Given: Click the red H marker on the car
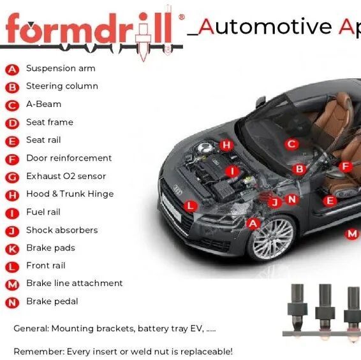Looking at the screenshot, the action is tap(226, 145).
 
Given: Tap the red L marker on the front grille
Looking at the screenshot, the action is tap(191, 206).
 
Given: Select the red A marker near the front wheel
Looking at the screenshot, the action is tap(253, 224).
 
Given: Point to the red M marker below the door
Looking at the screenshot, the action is tap(352, 234).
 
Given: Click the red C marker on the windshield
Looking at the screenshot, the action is tap(291, 145).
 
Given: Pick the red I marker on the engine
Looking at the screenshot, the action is tap(232, 171).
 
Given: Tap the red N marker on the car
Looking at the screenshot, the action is tap(292, 199).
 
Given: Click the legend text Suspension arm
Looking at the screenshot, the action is tap(61, 69).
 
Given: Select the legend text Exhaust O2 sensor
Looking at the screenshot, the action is tap(66, 176).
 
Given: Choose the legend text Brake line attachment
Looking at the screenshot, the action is tap(75, 283).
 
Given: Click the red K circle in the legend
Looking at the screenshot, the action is tap(12, 249).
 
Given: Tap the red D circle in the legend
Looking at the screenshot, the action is tap(12, 124).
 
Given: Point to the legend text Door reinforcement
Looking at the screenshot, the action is tap(69, 158).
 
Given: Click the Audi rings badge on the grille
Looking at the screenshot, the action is tap(178, 190).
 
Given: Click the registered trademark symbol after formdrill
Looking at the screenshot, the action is tap(182, 17).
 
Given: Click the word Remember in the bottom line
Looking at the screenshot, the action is tap(39, 352).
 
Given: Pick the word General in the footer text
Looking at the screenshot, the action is tap(31, 329).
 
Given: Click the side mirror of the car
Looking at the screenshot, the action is tap(260, 102).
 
